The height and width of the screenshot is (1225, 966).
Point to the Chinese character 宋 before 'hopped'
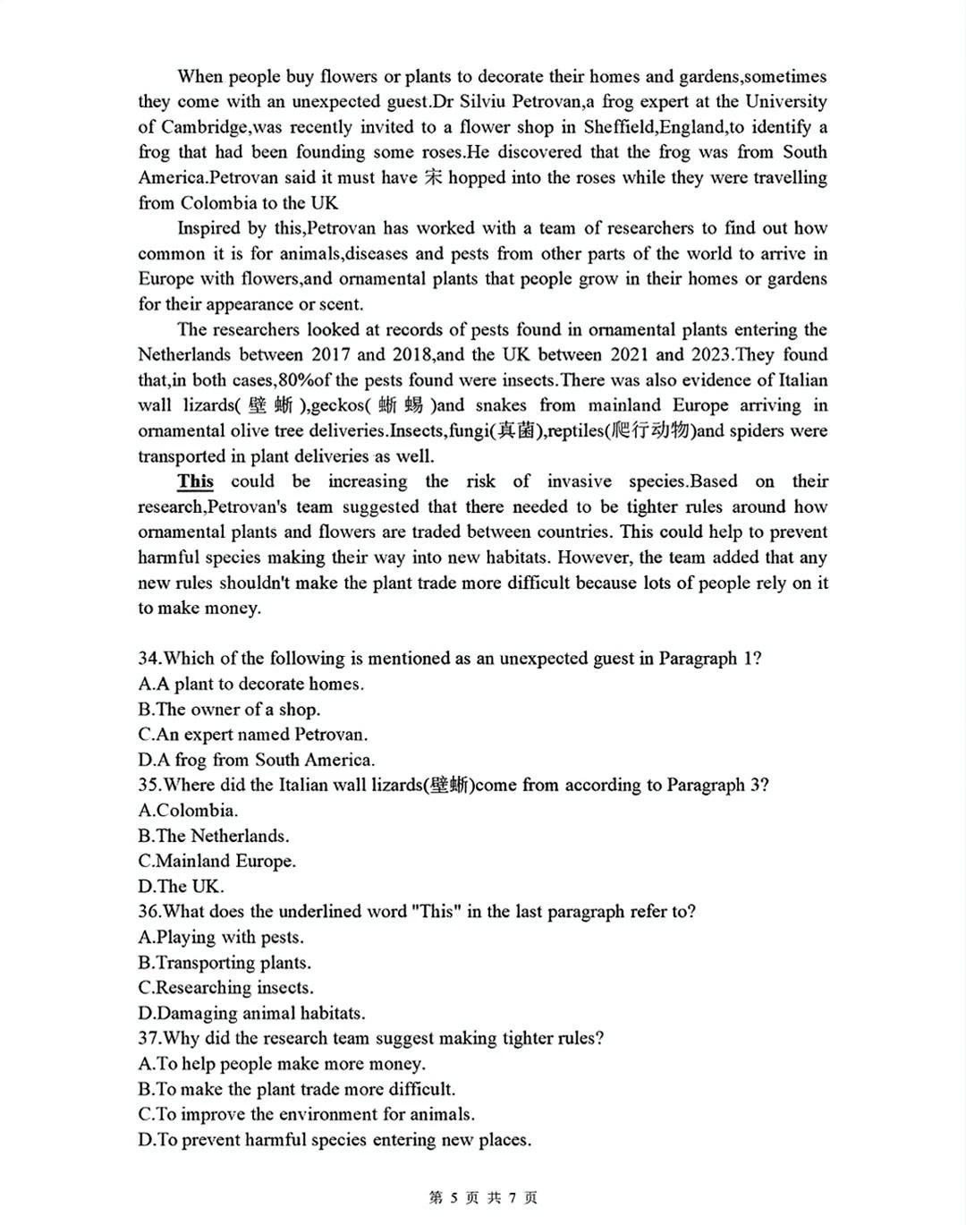[x=433, y=177]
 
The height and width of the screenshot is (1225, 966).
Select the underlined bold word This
[x=195, y=481]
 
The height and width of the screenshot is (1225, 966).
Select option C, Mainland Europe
[x=217, y=862]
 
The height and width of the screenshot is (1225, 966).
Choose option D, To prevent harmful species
[x=335, y=1140]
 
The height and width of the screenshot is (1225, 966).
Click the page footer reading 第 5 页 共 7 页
[x=483, y=1197]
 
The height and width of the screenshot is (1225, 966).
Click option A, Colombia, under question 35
[x=189, y=811]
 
